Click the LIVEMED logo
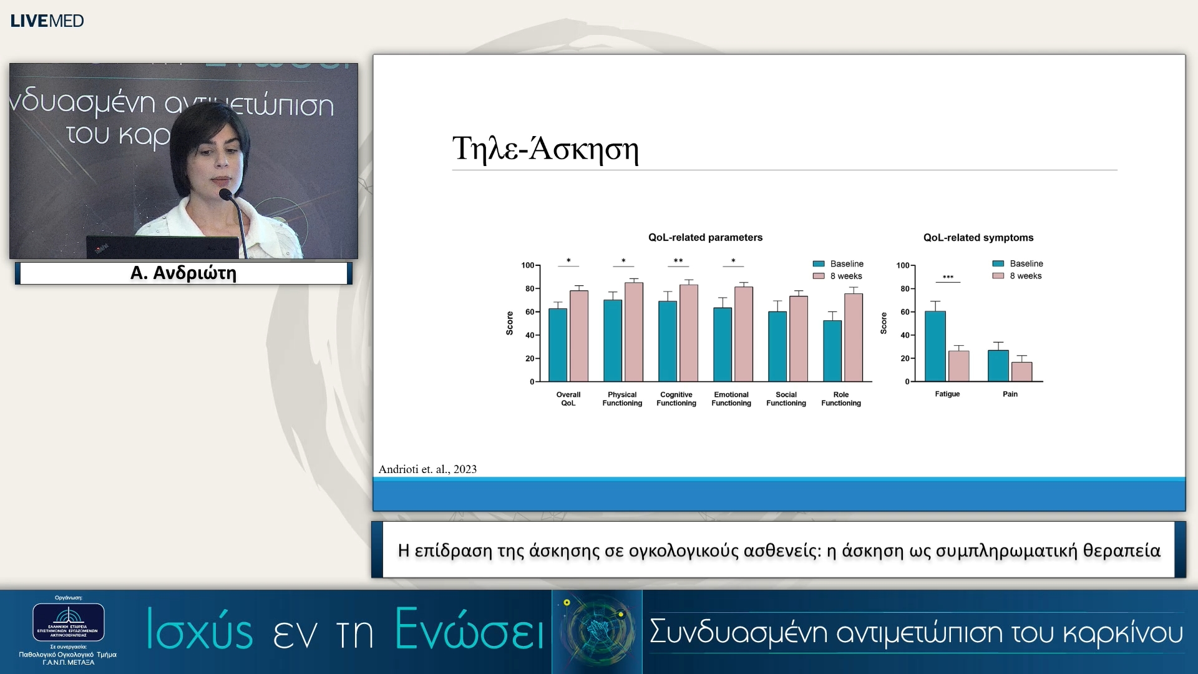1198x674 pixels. [x=47, y=21]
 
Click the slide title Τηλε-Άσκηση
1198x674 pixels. [x=545, y=149]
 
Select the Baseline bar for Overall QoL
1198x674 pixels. [x=557, y=344]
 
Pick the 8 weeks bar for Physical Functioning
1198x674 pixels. [x=633, y=332]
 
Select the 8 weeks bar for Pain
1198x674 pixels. [x=1021, y=371]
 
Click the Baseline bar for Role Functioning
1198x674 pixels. [x=832, y=351]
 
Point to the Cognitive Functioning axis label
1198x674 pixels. [x=676, y=399]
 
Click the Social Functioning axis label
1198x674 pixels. [x=786, y=399]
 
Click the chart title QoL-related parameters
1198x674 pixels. [x=705, y=238]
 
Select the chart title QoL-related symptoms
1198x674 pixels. [x=978, y=238]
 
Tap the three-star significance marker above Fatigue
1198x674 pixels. [x=948, y=277]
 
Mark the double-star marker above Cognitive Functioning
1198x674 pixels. [x=678, y=261]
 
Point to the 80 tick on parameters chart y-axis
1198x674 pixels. [x=529, y=289]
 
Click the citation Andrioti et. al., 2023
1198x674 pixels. [x=427, y=469]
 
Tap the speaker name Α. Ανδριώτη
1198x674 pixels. [x=183, y=273]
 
